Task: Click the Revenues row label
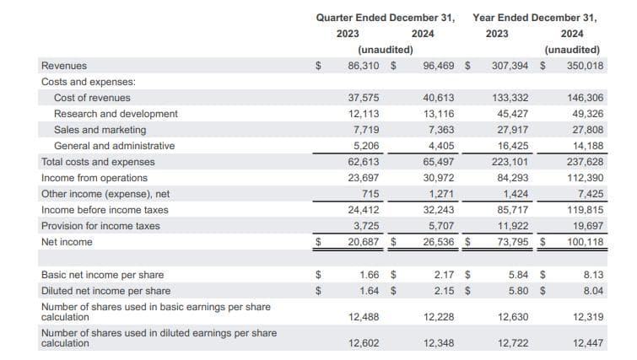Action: pos(63,65)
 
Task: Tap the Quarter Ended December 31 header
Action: pos(386,17)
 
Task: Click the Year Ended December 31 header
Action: pos(535,17)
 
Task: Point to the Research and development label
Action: pos(116,114)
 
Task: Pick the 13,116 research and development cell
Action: pos(439,114)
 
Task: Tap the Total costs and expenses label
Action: pos(98,162)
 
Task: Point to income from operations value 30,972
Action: pos(439,178)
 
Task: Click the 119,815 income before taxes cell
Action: pos(584,210)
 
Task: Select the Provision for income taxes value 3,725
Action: pos(364,226)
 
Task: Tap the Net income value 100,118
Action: pos(584,242)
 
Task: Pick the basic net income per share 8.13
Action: pos(592,275)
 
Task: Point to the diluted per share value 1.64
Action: pos(368,291)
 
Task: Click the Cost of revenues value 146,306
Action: pos(584,98)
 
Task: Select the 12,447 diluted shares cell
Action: pos(586,343)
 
